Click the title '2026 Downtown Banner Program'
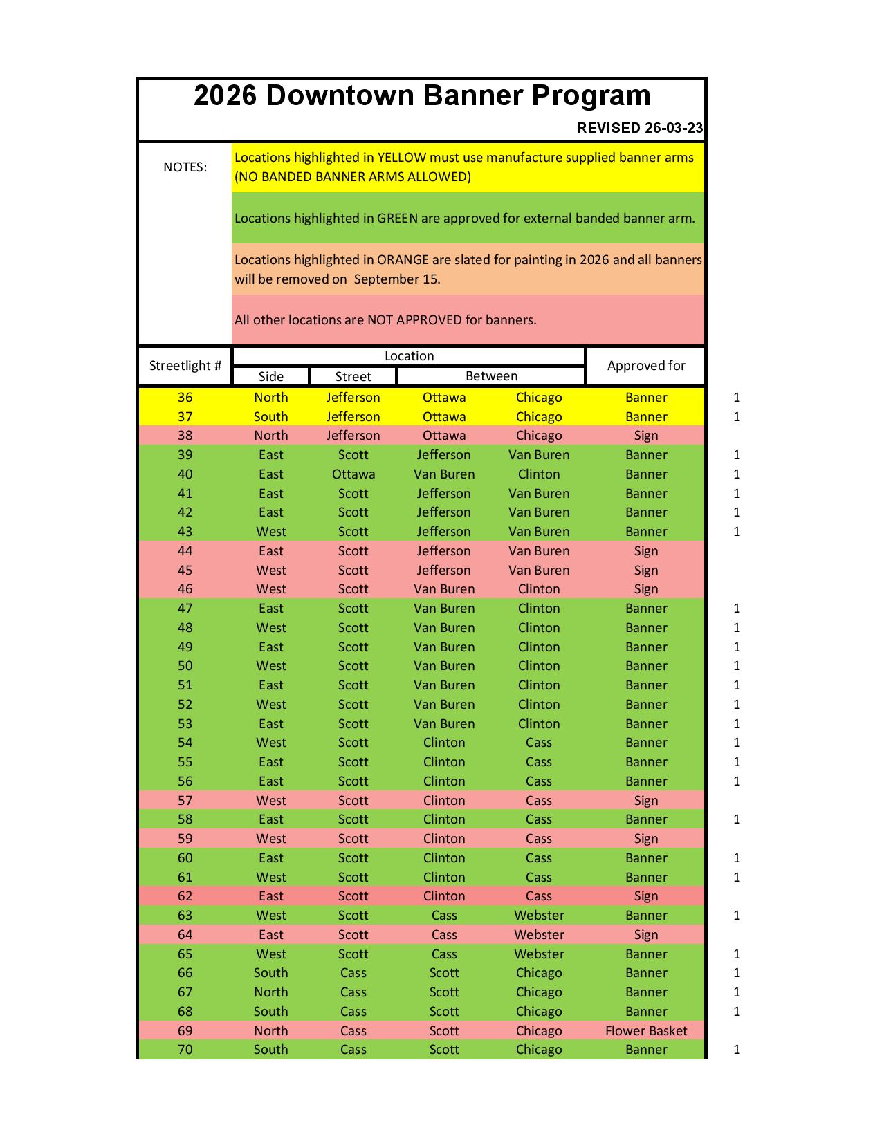pos(422,95)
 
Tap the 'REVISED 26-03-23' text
pos(640,128)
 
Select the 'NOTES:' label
pos(185,167)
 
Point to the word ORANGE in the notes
pos(403,260)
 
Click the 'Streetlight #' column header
pos(185,366)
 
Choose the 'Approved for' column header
pos(646,366)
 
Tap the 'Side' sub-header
pos(270,376)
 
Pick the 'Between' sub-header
pos(491,376)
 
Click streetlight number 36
pos(185,398)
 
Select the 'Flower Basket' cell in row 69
pos(646,1031)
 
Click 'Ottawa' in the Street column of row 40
pos(353,474)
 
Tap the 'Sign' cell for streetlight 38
pos(646,436)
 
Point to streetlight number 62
pos(185,896)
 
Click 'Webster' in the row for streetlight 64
pos(539,935)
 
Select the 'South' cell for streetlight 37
pos(270,417)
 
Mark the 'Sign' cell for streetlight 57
pos(646,801)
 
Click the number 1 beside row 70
pos(737,1050)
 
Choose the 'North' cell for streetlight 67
pos(270,992)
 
